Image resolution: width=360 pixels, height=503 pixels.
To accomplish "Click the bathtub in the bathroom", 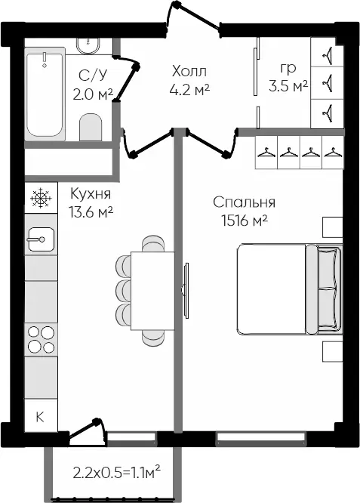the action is pyautogui.click(x=45, y=94).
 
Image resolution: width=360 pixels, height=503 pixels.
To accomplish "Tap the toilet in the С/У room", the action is pyautogui.click(x=91, y=127).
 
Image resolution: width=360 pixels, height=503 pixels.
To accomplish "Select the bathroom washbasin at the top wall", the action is pyautogui.click(x=88, y=46).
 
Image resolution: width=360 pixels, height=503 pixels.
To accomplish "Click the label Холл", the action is pyautogui.click(x=189, y=71).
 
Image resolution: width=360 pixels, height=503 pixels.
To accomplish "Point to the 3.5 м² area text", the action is pyautogui.click(x=288, y=86).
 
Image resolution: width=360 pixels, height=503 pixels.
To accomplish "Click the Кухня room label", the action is pyautogui.click(x=91, y=194).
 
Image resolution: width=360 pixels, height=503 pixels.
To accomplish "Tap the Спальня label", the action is pyautogui.click(x=245, y=202).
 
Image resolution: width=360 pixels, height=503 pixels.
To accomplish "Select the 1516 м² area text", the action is pyautogui.click(x=245, y=221).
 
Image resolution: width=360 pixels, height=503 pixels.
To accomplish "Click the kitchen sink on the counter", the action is pyautogui.click(x=41, y=239).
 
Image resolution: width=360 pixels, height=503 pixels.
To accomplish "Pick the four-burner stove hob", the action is pyautogui.click(x=41, y=339).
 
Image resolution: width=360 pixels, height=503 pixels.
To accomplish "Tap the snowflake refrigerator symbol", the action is pyautogui.click(x=41, y=198).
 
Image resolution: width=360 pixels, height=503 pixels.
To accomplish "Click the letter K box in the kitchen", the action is pyautogui.click(x=41, y=416).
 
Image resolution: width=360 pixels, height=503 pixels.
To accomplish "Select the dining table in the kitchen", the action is pyautogui.click(x=152, y=291).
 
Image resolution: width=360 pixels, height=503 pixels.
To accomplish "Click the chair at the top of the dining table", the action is pyautogui.click(x=153, y=244).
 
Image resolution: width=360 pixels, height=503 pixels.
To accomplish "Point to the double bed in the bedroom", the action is pyautogui.click(x=290, y=289).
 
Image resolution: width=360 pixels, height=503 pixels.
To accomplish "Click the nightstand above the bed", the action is pyautogui.click(x=332, y=227).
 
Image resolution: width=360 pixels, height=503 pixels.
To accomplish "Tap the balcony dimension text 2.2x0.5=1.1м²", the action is pyautogui.click(x=117, y=472).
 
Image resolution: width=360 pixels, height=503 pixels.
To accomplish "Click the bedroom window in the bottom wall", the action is pyautogui.click(x=260, y=439).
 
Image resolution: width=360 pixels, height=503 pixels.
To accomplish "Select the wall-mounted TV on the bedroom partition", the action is pyautogui.click(x=186, y=291).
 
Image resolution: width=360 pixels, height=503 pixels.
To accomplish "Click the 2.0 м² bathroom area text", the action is pyautogui.click(x=93, y=94).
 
